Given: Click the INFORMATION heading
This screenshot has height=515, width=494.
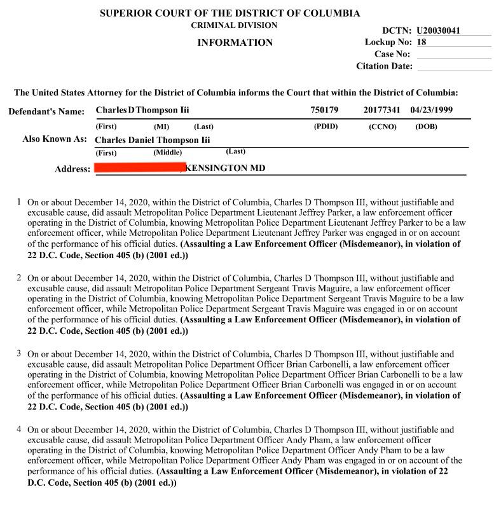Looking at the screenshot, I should point(235,43).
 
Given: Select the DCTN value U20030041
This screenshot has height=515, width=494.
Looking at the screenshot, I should point(438,31).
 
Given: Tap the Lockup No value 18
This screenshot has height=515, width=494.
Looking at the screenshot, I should point(422,42).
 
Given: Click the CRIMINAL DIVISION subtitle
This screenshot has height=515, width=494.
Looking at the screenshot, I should point(234,25).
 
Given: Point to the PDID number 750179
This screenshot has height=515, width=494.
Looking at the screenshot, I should point(324,110).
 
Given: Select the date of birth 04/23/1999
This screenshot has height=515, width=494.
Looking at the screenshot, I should point(431,110).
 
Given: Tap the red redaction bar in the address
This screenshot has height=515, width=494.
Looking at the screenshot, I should point(139,168).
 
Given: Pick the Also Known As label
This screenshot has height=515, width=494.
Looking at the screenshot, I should point(54,139).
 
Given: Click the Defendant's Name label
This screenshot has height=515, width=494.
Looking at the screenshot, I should point(46,112).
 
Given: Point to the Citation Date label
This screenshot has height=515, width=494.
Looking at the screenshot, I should point(384,66).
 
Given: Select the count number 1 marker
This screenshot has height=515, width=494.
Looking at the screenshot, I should point(19,202).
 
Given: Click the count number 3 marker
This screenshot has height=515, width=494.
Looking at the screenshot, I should point(19,354).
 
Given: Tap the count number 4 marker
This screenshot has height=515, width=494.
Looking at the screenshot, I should point(19,430).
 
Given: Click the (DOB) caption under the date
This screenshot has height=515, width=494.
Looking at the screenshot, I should point(426,127).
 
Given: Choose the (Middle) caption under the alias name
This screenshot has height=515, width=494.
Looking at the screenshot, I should point(167,153).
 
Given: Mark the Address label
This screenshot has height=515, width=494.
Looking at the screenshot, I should point(72,169).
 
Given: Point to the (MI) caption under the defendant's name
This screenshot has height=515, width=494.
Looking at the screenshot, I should point(161,127).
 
